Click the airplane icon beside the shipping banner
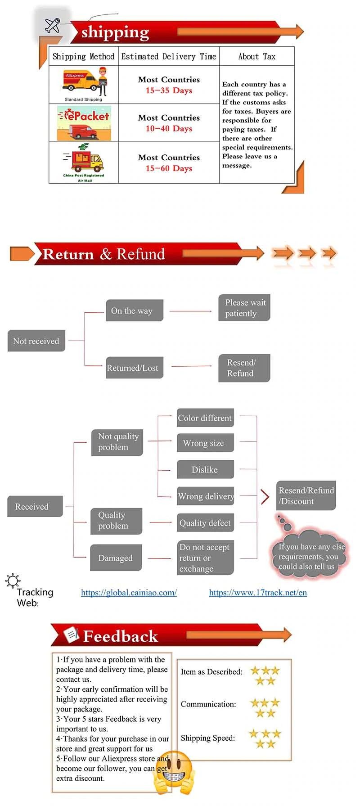pos(53,25)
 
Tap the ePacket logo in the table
pos(84,123)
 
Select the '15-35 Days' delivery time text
pos(169,90)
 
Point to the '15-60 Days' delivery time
pos(169,168)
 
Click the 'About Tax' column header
pos(256,56)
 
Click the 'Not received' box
pos(36,341)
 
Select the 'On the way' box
pos(134,310)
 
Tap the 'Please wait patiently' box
pos(244,308)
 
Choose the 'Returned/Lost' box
pos(134,368)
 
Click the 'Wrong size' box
pos(205,443)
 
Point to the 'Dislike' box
pos(205,469)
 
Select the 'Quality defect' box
pos(205,523)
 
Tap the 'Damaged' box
pos(116,558)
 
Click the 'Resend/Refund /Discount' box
pos(306,495)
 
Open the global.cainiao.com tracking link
pos(129,593)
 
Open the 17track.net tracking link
pos(258,593)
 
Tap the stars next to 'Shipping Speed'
pos(265,738)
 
